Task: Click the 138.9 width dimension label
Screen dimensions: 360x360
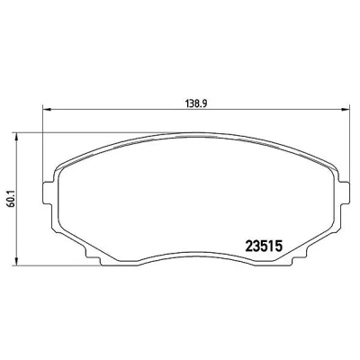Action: click(x=196, y=103)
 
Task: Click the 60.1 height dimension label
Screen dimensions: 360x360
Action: click(x=12, y=199)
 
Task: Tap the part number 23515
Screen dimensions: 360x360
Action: click(x=264, y=247)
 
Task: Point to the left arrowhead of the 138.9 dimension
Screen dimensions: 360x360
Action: click(x=48, y=109)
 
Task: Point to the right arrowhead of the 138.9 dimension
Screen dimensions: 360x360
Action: click(x=346, y=109)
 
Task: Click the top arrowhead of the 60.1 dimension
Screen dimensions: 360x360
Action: click(x=17, y=137)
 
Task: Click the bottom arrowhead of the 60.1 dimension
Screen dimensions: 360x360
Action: click(x=17, y=261)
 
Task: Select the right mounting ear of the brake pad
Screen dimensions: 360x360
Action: click(x=345, y=193)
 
